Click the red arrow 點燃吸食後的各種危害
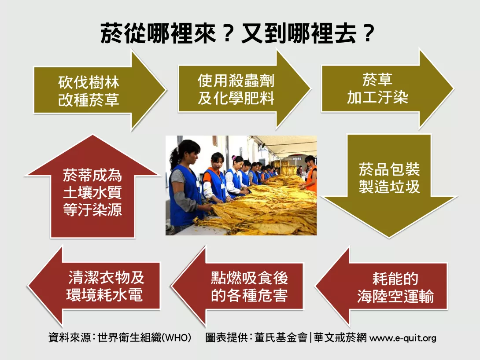pyautogui.click(x=237, y=287)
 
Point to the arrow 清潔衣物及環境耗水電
pyautogui.click(x=94, y=286)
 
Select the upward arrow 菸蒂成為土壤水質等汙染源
pyautogui.click(x=92, y=187)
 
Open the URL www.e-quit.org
pyautogui.click(x=403, y=338)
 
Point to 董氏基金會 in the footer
pyautogui.click(x=281, y=338)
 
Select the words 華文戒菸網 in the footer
pyautogui.click(x=340, y=338)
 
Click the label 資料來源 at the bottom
pyautogui.click(x=70, y=338)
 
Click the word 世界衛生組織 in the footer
pyautogui.click(x=130, y=338)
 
